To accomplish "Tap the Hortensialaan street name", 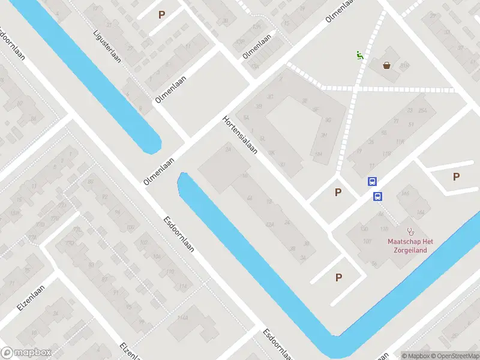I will (240, 134).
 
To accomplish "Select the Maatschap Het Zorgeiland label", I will (410, 245).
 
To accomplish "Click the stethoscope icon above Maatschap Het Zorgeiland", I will (411, 230).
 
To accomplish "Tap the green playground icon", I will (359, 56).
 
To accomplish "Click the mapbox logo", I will (26, 353).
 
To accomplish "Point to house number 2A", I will (228, 149).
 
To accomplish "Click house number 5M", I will (318, 154).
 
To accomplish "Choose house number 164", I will (420, 212).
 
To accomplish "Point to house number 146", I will (405, 193).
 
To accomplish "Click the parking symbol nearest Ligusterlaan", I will (161, 14).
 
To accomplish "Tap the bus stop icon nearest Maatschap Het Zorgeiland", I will (378, 196).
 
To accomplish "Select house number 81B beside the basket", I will (404, 65).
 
